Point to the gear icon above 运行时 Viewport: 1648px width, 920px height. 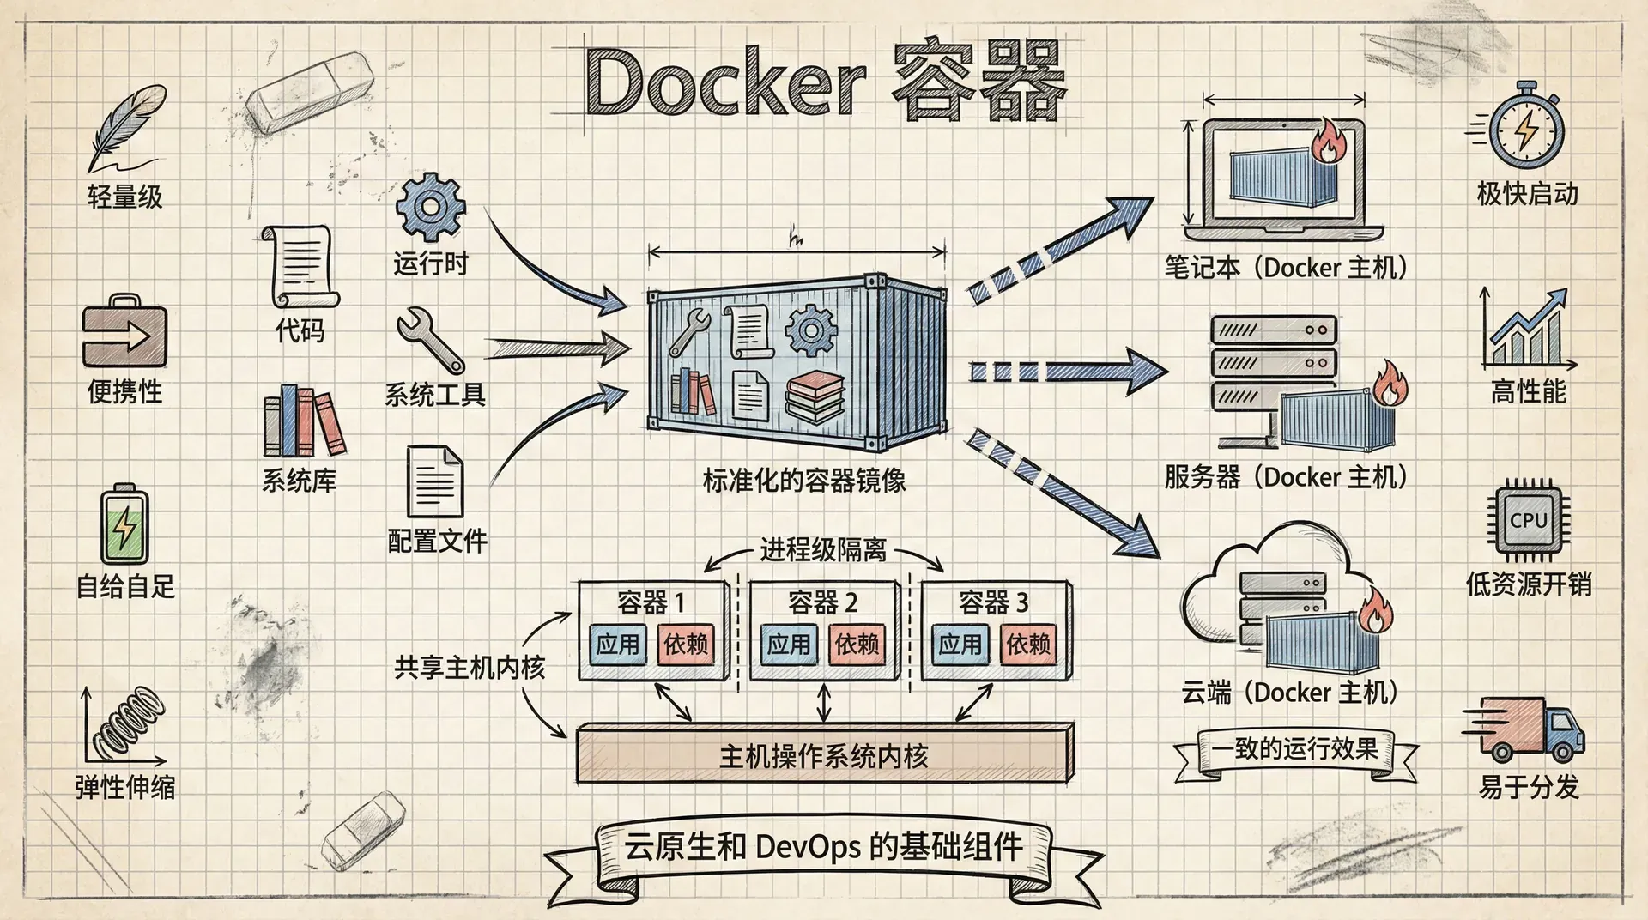coord(431,207)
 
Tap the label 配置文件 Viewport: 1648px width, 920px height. coord(437,541)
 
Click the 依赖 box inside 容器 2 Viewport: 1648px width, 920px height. coord(857,645)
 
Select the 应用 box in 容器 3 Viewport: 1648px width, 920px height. coord(960,645)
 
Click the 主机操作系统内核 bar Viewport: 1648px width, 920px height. coord(824,755)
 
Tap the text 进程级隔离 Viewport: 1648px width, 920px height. coord(822,549)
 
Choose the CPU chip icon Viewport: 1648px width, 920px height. coord(1528,520)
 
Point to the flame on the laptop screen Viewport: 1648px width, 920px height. coord(1327,142)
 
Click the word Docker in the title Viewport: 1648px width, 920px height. coord(725,82)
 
